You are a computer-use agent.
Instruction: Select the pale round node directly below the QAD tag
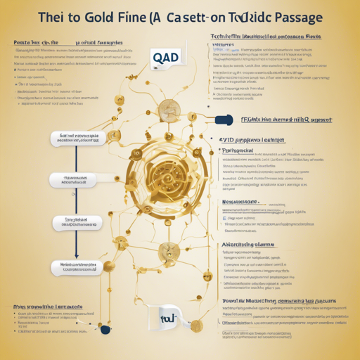[169, 107]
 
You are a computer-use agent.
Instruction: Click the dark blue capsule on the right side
[226, 121]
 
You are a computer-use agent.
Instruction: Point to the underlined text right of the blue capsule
[281, 120]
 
